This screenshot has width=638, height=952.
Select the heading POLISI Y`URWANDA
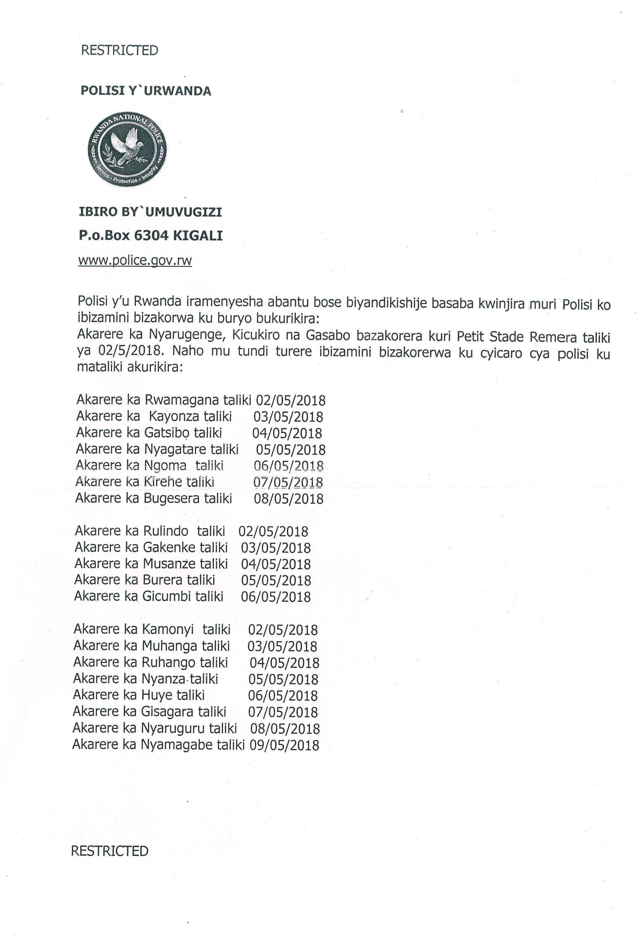click(x=146, y=91)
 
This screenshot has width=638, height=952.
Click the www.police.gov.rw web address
click(x=135, y=260)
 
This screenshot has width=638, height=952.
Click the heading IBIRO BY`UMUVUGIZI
click(x=150, y=212)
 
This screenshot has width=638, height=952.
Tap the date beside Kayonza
click(x=288, y=417)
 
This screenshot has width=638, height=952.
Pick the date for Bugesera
click(x=289, y=498)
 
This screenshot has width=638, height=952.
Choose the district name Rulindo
click(x=166, y=531)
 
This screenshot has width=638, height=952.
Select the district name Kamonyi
click(x=168, y=630)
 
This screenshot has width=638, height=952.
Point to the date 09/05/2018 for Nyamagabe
click(x=285, y=745)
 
